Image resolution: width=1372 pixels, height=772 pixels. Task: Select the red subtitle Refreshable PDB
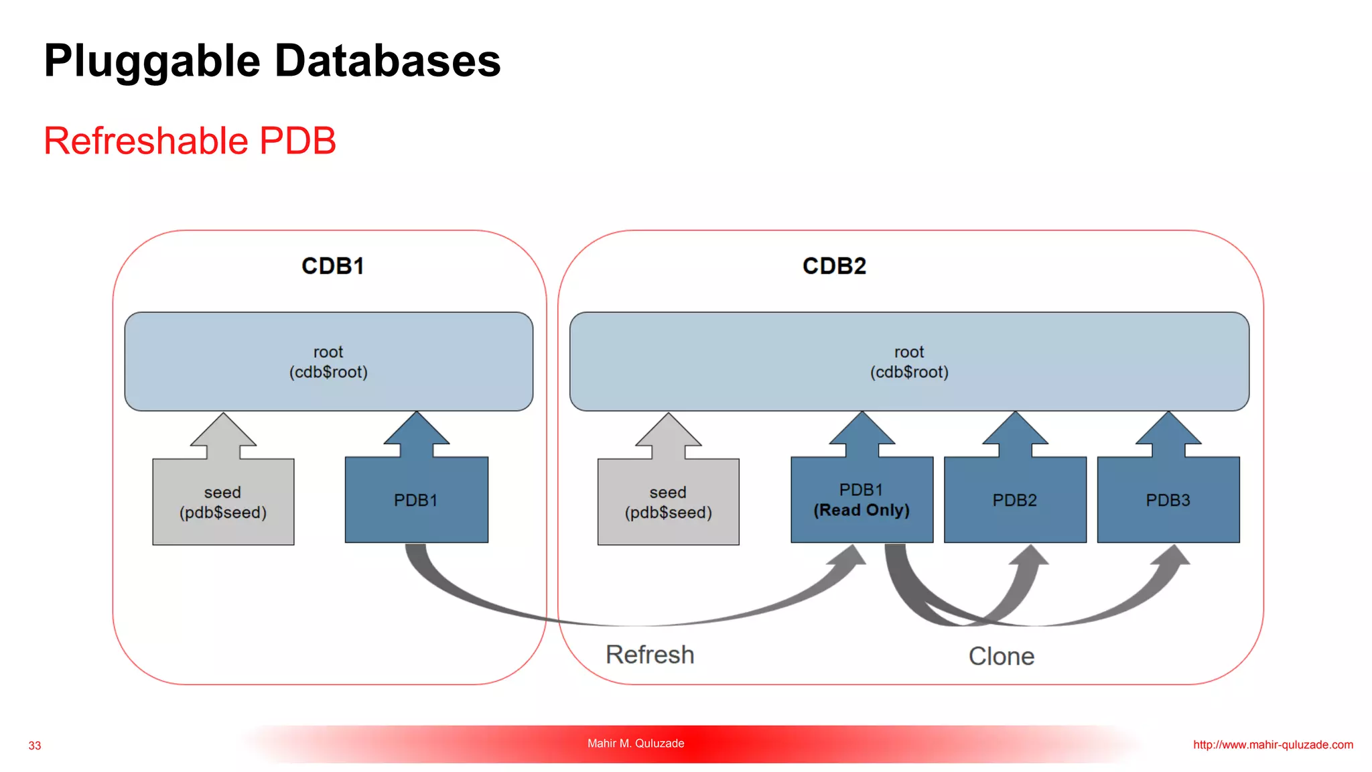[x=190, y=141]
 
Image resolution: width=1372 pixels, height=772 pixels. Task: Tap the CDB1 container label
[x=332, y=266]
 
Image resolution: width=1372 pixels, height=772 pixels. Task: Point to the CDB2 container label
[x=834, y=266]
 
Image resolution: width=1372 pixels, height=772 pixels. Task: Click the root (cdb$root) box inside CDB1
[x=329, y=361]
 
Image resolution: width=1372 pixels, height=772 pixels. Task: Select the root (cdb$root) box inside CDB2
[x=909, y=361]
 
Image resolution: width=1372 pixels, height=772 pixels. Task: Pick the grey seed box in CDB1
[x=223, y=502]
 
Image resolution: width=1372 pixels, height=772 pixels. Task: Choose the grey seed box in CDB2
[x=669, y=502]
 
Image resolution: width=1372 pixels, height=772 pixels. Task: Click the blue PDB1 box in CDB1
[x=417, y=500]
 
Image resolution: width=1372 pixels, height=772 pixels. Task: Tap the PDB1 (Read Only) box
[x=862, y=500]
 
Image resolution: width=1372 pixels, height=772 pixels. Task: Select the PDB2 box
[x=1015, y=500]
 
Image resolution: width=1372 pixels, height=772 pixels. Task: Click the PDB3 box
[x=1168, y=500]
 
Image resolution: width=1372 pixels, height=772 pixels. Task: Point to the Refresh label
[x=650, y=655]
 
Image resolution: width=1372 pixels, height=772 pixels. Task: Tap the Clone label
[x=1002, y=656]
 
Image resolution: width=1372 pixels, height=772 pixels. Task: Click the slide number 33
[x=35, y=746]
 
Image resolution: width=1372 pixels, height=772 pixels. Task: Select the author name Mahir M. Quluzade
[x=636, y=743]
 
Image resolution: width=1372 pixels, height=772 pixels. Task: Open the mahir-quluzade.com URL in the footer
[x=1273, y=745]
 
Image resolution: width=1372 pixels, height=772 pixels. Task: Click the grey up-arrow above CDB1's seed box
[x=223, y=436]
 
